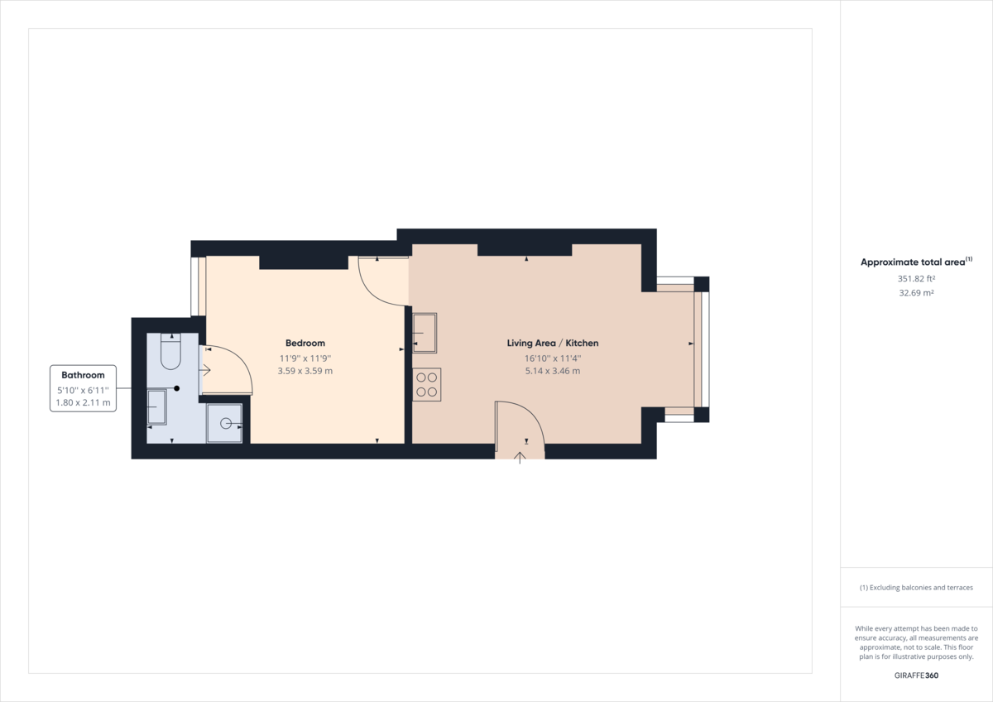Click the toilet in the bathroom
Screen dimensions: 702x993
click(x=170, y=353)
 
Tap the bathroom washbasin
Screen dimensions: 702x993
click(x=156, y=406)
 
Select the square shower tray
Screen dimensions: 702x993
click(x=224, y=423)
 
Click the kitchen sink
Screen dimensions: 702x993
click(x=425, y=333)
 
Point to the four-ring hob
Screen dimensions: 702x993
click(x=427, y=385)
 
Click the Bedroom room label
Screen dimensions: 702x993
click(x=305, y=343)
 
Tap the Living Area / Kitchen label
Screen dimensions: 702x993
click(x=553, y=343)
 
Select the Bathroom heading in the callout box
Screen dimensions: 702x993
click(x=83, y=375)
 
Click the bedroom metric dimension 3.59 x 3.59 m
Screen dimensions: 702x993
click(x=305, y=371)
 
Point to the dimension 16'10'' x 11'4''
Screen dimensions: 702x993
click(x=553, y=358)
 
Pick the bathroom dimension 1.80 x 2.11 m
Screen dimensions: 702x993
click(x=83, y=402)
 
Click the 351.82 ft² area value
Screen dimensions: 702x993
click(x=916, y=278)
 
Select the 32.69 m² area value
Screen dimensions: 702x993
click(x=916, y=292)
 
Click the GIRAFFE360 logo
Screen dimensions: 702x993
click(x=916, y=676)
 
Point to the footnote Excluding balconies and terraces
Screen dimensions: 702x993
click(x=916, y=587)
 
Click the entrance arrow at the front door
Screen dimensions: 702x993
click(x=520, y=457)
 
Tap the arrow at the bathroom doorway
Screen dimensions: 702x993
click(x=204, y=370)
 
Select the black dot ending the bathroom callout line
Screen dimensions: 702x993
click(x=176, y=388)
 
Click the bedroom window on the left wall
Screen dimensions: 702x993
click(x=198, y=286)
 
